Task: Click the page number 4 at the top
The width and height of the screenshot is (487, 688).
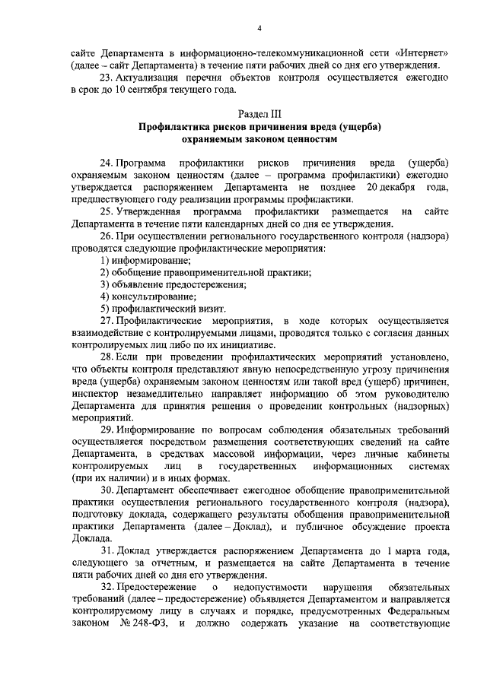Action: click(x=259, y=29)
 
